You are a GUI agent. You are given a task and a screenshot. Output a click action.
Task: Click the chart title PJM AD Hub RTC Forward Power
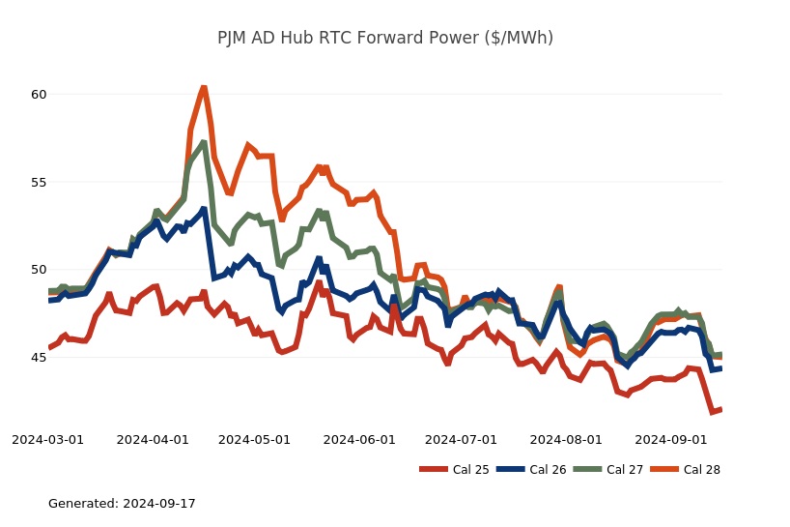click(x=384, y=39)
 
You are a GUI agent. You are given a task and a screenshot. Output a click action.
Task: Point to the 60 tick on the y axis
click(x=39, y=95)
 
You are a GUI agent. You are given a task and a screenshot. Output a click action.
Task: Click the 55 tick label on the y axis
click(x=39, y=182)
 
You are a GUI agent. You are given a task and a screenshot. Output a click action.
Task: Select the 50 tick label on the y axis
click(x=39, y=270)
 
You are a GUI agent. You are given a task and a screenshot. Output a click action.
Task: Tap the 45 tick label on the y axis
click(x=39, y=358)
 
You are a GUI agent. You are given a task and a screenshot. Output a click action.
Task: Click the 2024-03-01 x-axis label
click(x=47, y=440)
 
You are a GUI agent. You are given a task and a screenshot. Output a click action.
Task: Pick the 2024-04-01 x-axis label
click(x=153, y=440)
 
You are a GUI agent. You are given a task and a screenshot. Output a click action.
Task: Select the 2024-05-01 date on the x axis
click(x=254, y=440)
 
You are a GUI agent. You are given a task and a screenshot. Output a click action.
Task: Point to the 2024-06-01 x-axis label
click(x=359, y=440)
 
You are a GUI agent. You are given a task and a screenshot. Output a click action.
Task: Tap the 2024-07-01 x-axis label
click(x=461, y=440)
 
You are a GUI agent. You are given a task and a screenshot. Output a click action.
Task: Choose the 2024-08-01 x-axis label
click(x=566, y=440)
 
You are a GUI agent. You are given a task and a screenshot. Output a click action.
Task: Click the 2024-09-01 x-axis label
click(x=670, y=440)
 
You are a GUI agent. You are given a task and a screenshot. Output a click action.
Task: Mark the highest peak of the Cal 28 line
click(x=204, y=88)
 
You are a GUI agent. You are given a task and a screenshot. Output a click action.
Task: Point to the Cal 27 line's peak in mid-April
click(x=204, y=143)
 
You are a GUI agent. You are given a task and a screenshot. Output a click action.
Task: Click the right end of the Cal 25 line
click(x=720, y=410)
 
